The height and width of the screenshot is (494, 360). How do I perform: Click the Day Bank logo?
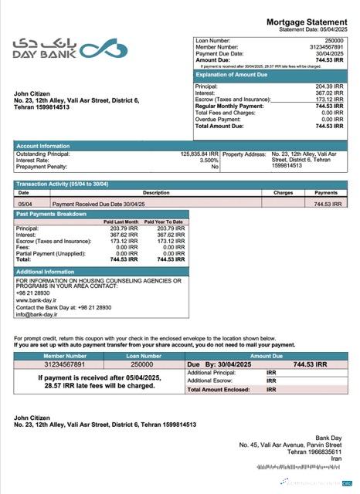tap(59, 49)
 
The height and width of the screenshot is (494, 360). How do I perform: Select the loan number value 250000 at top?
tap(334, 39)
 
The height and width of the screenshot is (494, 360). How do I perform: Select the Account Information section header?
tap(43, 145)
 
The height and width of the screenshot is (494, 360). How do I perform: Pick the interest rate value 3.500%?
tap(209, 160)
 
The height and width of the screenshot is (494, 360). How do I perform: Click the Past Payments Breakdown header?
tap(52, 213)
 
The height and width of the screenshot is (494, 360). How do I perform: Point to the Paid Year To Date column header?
tap(165, 222)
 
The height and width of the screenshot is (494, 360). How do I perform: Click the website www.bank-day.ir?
tap(36, 299)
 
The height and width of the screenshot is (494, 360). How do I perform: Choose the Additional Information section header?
tap(46, 272)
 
